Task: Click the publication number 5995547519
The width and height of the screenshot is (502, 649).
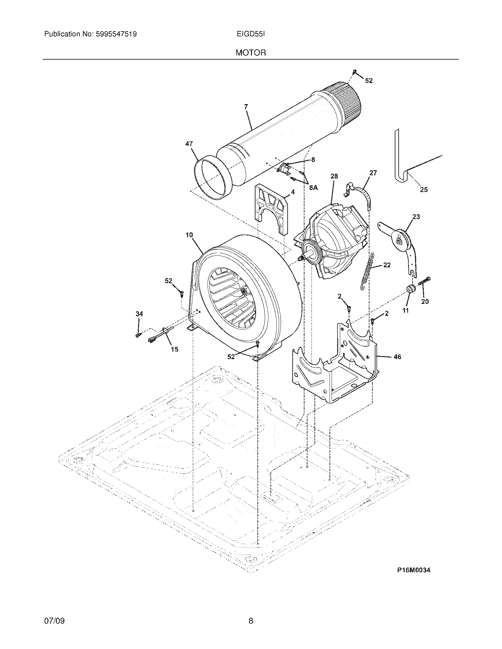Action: click(116, 34)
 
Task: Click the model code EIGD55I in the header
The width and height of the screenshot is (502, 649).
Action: click(251, 34)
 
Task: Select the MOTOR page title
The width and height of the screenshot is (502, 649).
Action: click(251, 53)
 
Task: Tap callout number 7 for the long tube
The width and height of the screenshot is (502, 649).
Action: click(246, 107)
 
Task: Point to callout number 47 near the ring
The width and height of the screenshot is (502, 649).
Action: click(189, 144)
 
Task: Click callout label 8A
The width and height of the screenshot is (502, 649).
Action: click(313, 188)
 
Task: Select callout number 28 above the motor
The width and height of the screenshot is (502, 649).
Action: click(334, 176)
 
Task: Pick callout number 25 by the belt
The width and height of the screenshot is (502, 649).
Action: click(424, 189)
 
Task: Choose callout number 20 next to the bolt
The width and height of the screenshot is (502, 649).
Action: click(425, 301)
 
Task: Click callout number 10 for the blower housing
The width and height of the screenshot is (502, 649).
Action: click(189, 235)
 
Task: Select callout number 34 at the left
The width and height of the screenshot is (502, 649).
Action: click(139, 314)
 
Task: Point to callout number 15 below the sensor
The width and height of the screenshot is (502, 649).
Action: click(175, 349)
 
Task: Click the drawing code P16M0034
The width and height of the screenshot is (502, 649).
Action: click(414, 570)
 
